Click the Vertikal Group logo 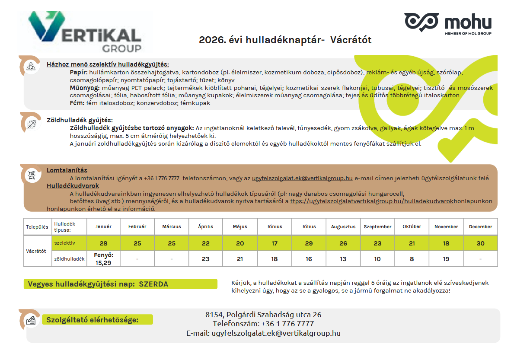[85, 32]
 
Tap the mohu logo [447, 23]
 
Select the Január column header [103, 226]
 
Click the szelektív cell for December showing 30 [480, 243]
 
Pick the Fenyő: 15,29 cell [103, 259]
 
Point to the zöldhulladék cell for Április [206, 259]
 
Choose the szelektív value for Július [309, 243]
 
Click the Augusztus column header [343, 226]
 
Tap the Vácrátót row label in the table [36, 251]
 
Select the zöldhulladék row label [69, 259]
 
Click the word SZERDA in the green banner [153, 284]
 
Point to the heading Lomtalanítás [67, 170]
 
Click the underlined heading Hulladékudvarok [73, 186]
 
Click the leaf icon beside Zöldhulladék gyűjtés [31, 124]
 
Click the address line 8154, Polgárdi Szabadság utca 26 [263, 315]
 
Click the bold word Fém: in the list [77, 103]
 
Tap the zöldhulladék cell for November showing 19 [446, 259]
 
